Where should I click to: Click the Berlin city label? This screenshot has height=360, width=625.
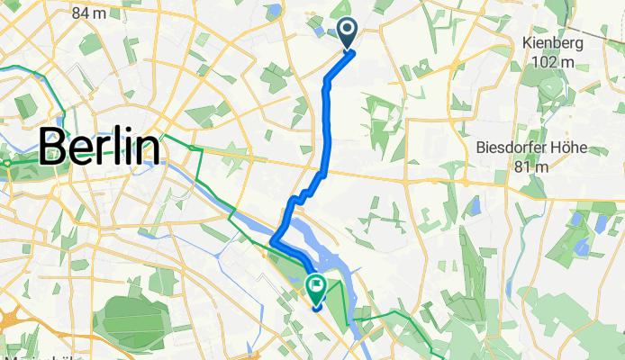tap(99, 146)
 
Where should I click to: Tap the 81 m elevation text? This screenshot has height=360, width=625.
tap(527, 167)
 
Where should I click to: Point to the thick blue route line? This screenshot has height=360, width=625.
tap(327, 126)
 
